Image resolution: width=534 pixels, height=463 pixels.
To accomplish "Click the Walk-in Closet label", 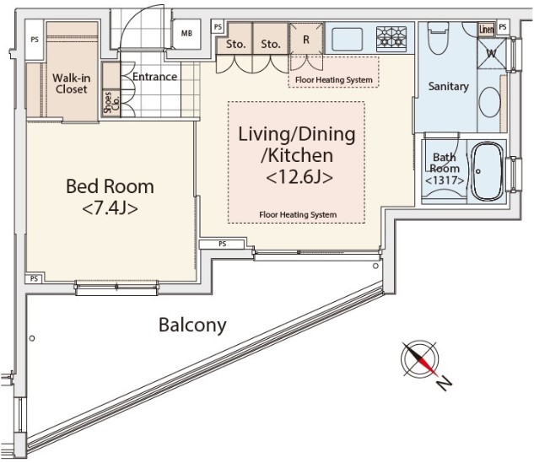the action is [72, 83].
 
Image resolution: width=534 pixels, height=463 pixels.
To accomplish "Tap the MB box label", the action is [186, 34].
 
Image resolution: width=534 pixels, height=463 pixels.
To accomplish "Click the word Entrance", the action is [154, 77].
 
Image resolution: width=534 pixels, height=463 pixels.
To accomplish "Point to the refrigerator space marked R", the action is [306, 39].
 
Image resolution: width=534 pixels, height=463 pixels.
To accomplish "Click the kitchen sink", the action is [347, 38].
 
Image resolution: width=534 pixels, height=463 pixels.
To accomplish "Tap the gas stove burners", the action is [391, 37].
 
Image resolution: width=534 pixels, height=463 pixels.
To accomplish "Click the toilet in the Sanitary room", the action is [439, 38].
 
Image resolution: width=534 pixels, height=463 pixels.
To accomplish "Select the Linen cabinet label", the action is [486, 30].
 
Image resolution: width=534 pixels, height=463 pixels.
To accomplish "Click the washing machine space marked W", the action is [492, 53].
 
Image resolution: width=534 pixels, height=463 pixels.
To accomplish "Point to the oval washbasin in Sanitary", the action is [490, 102].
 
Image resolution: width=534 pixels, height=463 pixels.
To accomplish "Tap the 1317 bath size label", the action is [445, 180].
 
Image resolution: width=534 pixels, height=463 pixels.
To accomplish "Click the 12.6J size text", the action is [299, 177].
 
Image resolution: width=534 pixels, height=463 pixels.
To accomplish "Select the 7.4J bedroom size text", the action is [110, 208].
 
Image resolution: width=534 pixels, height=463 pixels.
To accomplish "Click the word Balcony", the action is [192, 325].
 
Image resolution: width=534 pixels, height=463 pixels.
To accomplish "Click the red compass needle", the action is [429, 366].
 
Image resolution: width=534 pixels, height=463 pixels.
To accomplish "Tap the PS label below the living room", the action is [223, 244].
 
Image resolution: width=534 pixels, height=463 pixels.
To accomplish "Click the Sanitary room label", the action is [448, 87].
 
